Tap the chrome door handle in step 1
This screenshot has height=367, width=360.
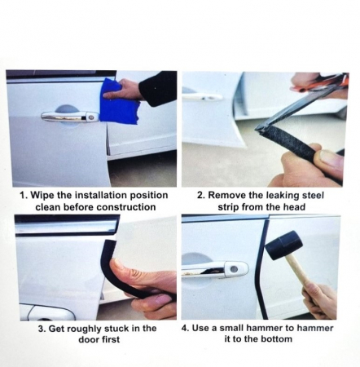point(70,117)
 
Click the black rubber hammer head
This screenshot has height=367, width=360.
point(283,245)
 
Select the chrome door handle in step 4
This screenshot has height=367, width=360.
point(214,269)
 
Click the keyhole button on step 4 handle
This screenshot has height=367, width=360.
point(234,269)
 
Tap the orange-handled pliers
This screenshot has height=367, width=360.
point(320,82)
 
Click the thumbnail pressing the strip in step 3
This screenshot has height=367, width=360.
point(116,264)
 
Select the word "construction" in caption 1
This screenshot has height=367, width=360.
point(126,207)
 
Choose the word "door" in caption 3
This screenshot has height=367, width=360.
point(89,339)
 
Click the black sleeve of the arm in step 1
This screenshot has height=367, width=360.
point(158,87)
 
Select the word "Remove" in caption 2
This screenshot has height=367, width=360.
point(226,196)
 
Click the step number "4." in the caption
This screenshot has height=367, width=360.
point(185,328)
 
